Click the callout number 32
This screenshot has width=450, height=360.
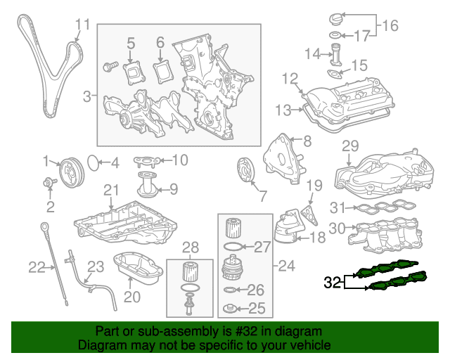[333, 282]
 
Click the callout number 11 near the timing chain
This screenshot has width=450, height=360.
[83, 25]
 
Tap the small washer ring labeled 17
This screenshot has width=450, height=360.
[335, 35]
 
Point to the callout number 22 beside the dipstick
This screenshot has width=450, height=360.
[37, 267]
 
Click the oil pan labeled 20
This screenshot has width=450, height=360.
[138, 268]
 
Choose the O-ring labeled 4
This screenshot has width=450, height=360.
[93, 163]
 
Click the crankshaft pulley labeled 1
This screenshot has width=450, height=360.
[71, 172]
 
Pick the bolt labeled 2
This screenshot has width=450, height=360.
[49, 183]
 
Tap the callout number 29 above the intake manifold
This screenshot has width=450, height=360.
[350, 146]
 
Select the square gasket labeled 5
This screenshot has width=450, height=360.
[134, 73]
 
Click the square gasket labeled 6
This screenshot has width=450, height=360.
[163, 72]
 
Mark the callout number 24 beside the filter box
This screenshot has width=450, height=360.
[286, 266]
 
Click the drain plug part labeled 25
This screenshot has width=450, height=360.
[230, 309]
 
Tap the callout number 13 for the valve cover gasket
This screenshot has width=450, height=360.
[283, 110]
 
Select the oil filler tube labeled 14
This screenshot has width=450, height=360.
[335, 55]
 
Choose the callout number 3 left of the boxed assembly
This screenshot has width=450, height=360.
[87, 96]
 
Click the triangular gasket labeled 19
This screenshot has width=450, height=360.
[309, 215]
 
